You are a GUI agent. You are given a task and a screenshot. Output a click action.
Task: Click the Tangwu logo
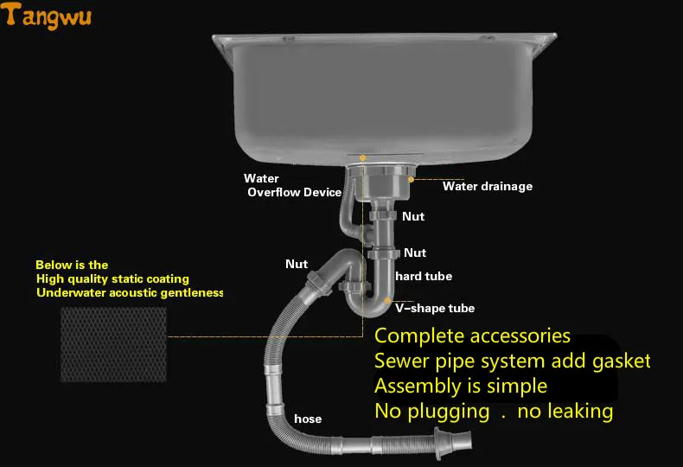pyautogui.click(x=46, y=16)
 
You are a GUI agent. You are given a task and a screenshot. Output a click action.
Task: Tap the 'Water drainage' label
pyautogui.click(x=488, y=187)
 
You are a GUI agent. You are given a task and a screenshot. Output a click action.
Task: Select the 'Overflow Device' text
pyautogui.click(x=295, y=193)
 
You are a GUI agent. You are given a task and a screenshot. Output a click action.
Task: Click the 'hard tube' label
pyautogui.click(x=424, y=276)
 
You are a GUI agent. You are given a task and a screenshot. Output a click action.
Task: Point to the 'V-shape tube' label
pyautogui.click(x=435, y=308)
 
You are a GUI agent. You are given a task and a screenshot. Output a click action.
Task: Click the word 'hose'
pyautogui.click(x=308, y=419)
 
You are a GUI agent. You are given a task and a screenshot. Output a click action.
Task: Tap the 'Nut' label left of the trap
pyautogui.click(x=297, y=264)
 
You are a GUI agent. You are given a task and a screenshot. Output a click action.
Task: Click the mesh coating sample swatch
pyautogui.click(x=113, y=344)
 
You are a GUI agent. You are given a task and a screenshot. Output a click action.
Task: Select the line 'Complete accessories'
pyautogui.click(x=472, y=336)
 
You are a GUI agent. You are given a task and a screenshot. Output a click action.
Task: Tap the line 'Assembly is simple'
pyautogui.click(x=461, y=387)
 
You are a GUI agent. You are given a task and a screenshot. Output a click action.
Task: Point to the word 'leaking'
pyautogui.click(x=565, y=412)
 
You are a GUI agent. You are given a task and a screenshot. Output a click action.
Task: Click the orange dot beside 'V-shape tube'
pyautogui.click(x=387, y=301)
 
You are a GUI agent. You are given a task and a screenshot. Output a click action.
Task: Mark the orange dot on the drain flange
pyautogui.click(x=411, y=179)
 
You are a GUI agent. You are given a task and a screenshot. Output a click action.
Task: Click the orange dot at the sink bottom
pyautogui.click(x=362, y=157)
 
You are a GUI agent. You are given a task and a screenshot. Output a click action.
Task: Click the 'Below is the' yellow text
pyautogui.click(x=72, y=265)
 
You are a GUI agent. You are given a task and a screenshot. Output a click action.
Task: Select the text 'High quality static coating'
pyautogui.click(x=112, y=278)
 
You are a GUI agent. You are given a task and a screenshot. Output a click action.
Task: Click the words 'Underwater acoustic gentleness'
pyautogui.click(x=130, y=292)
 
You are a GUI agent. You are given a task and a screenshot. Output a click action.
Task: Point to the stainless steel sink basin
pyautogui.click(x=384, y=98)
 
